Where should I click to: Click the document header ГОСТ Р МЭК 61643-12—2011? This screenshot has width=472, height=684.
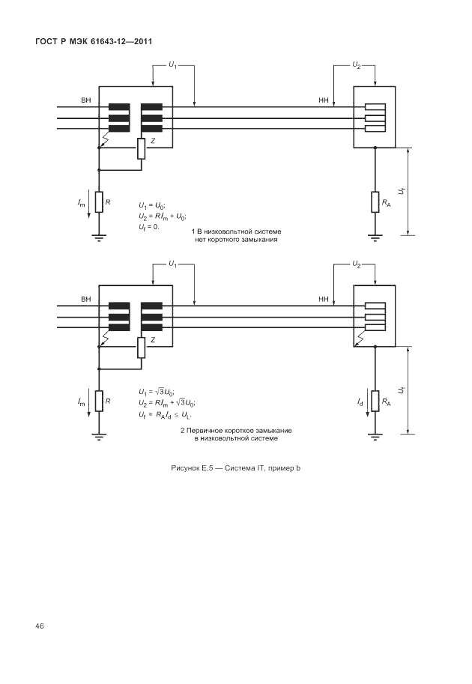pyautogui.click(x=94, y=41)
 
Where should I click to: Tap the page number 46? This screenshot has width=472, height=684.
pyautogui.click(x=39, y=626)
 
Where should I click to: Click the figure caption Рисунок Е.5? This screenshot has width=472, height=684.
pyautogui.click(x=236, y=468)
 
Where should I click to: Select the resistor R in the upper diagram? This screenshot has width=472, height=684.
pyautogui.click(x=98, y=202)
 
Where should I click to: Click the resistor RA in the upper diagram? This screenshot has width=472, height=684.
pyautogui.click(x=374, y=202)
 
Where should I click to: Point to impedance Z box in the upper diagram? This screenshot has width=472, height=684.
pyautogui.click(x=140, y=148)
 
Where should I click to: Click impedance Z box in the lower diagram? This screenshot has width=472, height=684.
pyautogui.click(x=140, y=348)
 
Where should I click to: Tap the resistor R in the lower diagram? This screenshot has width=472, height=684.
pyautogui.click(x=98, y=402)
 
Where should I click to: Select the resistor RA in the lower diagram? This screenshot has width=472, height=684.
pyautogui.click(x=374, y=402)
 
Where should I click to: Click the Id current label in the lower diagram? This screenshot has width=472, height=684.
pyautogui.click(x=360, y=402)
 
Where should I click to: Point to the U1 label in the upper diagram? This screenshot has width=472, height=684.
pyautogui.click(x=172, y=66)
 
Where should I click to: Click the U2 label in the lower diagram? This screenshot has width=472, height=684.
pyautogui.click(x=357, y=264)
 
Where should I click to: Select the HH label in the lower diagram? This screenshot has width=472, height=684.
pyautogui.click(x=324, y=299)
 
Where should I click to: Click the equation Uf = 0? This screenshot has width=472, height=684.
pyautogui.click(x=149, y=226)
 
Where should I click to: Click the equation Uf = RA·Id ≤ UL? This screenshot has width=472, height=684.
pyautogui.click(x=166, y=414)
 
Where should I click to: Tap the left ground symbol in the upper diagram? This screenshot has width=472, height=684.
pyautogui.click(x=98, y=238)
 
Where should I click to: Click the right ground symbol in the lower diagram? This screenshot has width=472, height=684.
pyautogui.click(x=374, y=437)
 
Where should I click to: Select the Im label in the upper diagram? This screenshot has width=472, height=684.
pyautogui.click(x=81, y=203)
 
